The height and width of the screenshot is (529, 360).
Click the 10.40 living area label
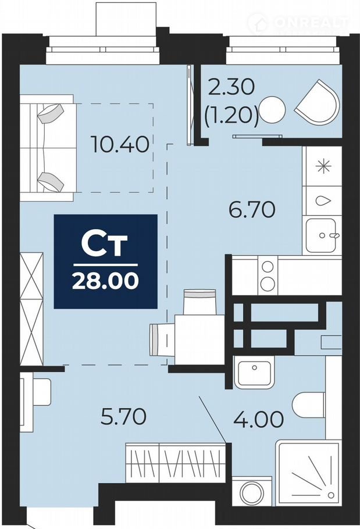[120, 145]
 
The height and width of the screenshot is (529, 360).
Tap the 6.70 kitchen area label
[252, 209]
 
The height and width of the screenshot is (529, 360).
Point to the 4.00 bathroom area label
[259, 419]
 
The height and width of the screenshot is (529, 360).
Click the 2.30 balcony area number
[231, 87]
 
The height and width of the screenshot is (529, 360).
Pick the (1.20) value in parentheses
[231, 115]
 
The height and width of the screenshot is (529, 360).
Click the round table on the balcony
[272, 110]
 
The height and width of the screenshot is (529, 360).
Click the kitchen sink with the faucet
[321, 236]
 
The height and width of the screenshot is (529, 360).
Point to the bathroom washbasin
[254, 373]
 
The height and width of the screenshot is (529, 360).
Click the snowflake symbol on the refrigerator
[323, 166]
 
